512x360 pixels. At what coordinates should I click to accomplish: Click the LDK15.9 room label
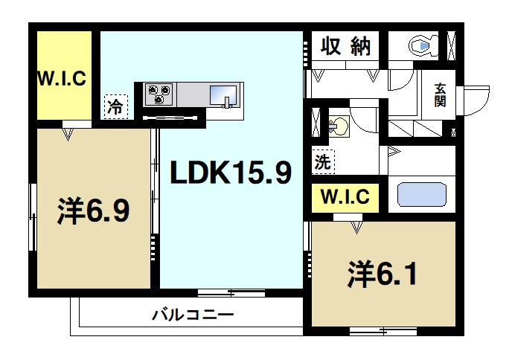[231, 173]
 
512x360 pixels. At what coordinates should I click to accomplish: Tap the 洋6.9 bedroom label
[94, 211]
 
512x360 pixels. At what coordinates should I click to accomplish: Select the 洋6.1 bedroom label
[380, 274]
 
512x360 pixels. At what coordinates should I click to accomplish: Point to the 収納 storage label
[345, 47]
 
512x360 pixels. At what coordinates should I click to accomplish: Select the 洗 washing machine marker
[322, 160]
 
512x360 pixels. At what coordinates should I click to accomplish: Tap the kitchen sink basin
[223, 95]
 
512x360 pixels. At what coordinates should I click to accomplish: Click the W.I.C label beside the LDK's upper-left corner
[63, 77]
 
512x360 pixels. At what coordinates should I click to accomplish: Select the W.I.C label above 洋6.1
[345, 199]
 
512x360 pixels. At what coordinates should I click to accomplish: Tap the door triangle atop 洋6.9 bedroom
[69, 134]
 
